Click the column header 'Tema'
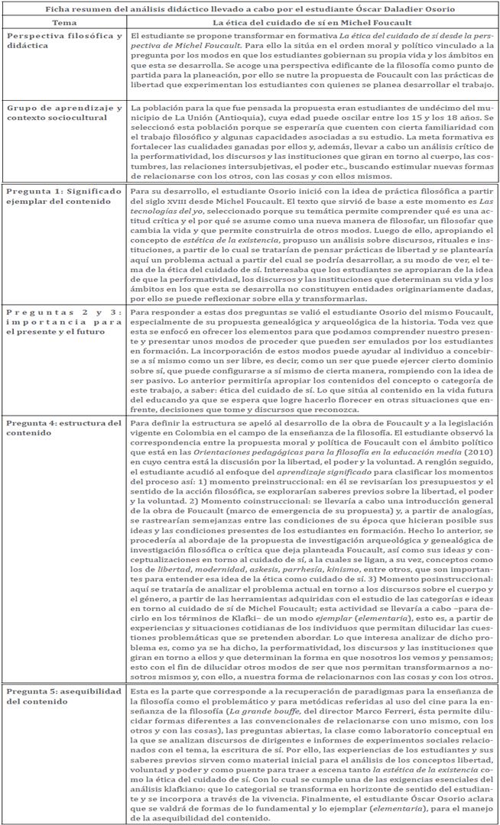point(64,24)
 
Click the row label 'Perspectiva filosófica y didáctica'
point(63,42)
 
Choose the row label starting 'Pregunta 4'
point(63,427)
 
